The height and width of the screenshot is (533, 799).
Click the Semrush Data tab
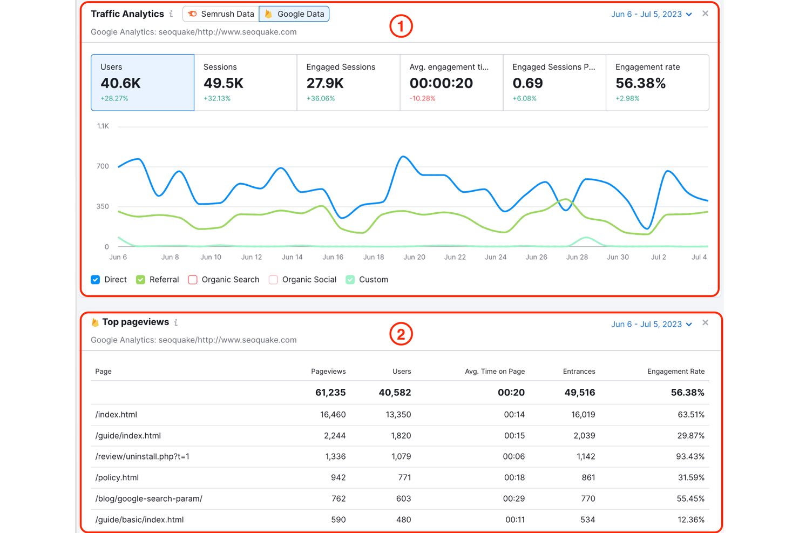[x=221, y=14]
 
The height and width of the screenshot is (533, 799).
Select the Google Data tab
[x=294, y=14]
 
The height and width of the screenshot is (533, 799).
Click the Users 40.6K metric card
[x=143, y=82]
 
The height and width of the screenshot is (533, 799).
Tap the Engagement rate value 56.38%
[x=640, y=83]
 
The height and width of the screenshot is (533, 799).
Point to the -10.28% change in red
[x=422, y=98]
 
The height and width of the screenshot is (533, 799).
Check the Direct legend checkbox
[x=96, y=280]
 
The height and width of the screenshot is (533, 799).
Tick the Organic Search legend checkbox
[x=193, y=280]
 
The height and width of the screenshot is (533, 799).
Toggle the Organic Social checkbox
[x=274, y=280]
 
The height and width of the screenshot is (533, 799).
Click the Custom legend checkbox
[x=350, y=280]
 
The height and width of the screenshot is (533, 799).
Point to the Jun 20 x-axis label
[x=414, y=257]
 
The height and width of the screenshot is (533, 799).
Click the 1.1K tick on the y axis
[x=103, y=126]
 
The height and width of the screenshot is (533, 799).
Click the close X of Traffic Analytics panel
[x=705, y=14]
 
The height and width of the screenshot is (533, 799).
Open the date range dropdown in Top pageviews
[x=651, y=325]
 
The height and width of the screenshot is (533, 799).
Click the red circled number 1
[x=401, y=26]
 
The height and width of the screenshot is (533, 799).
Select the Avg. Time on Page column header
[x=495, y=372]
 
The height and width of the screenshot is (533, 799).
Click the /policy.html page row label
[x=117, y=477]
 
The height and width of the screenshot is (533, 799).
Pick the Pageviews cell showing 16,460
[x=333, y=415]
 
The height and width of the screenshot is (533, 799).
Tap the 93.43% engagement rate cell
[x=690, y=456]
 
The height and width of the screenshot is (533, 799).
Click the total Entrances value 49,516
[x=579, y=393]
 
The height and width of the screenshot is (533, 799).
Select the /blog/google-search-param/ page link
[x=149, y=498]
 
